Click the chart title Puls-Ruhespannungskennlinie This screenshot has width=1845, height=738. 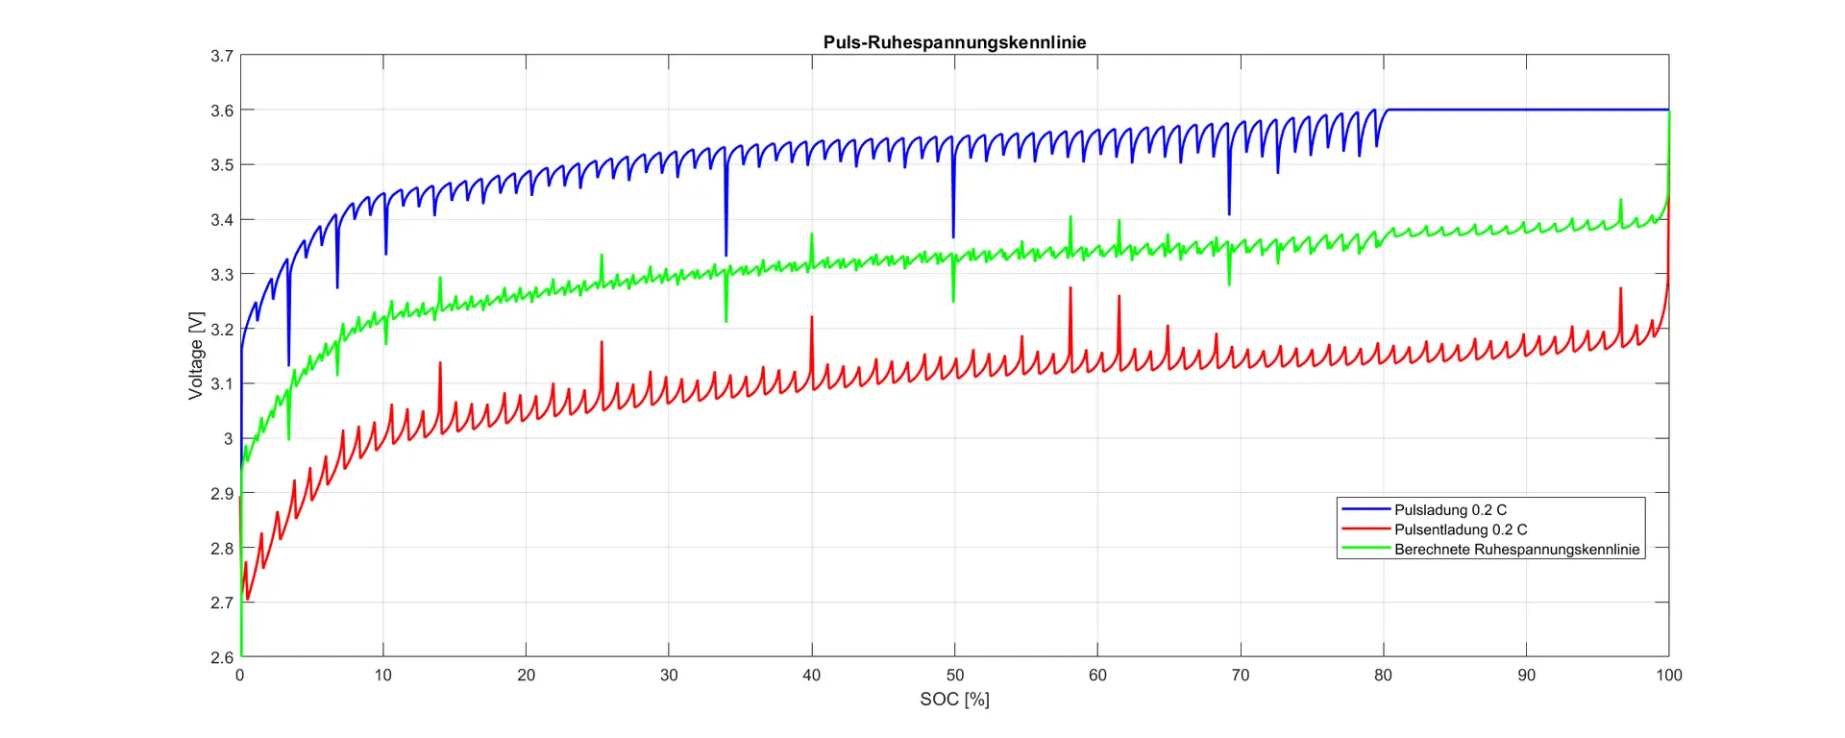(x=954, y=42)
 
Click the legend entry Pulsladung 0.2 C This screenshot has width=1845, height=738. (x=1450, y=510)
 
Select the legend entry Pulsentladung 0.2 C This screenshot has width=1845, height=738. (x=1461, y=529)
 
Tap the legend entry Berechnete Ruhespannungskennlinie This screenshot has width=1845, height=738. (x=1516, y=550)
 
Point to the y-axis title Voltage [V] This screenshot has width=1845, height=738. (x=196, y=356)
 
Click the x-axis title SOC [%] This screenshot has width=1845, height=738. (x=954, y=700)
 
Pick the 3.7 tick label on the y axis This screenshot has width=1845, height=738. (x=222, y=56)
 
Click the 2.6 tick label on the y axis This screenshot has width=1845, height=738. (x=222, y=657)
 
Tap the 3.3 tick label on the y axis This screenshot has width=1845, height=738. (x=222, y=275)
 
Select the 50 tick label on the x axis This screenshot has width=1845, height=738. (x=954, y=676)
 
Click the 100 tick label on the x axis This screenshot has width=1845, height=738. (x=1668, y=676)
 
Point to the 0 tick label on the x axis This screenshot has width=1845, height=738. (x=240, y=676)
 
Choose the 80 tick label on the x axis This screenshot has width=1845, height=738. (x=1383, y=676)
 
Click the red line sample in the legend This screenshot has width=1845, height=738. (x=1365, y=529)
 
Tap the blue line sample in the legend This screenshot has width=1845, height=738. (x=1365, y=509)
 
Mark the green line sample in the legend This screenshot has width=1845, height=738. (x=1365, y=549)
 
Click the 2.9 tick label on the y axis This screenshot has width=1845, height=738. (x=222, y=494)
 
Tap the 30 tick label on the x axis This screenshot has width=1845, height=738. (x=669, y=676)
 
